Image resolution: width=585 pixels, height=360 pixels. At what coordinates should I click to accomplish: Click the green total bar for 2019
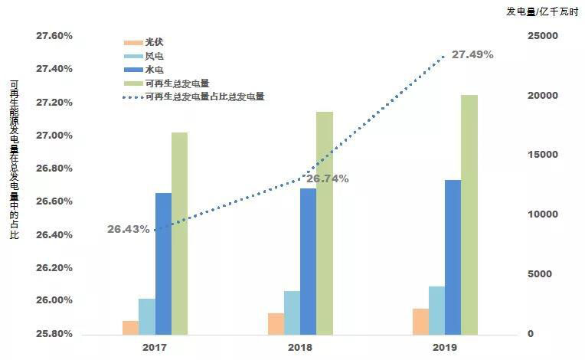pyautogui.click(x=469, y=214)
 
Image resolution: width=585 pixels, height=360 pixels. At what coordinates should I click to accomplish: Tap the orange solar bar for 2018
pyautogui.click(x=276, y=324)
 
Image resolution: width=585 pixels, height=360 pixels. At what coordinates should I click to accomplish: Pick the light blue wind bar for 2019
pyautogui.click(x=436, y=310)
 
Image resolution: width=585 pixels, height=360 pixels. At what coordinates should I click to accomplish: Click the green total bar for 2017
pyautogui.click(x=179, y=233)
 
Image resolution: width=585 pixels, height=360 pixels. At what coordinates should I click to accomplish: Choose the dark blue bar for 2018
pyautogui.click(x=308, y=260)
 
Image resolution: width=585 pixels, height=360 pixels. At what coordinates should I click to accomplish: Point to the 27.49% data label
pyautogui.click(x=472, y=55)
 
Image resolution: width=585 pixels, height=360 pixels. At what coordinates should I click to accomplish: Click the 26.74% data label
pyautogui.click(x=328, y=178)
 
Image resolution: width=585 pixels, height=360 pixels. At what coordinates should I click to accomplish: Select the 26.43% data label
pyautogui.click(x=128, y=229)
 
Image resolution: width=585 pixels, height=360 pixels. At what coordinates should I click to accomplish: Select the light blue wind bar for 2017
pyautogui.click(x=146, y=316)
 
